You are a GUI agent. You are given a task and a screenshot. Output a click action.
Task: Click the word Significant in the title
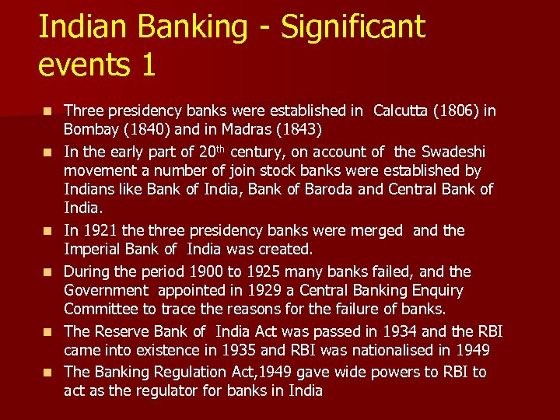point(353,26)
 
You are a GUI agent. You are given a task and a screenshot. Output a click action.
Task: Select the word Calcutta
point(405,110)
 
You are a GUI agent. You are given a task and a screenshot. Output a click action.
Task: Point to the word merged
point(376,230)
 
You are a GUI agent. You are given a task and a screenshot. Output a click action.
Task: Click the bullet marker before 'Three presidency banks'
point(49,111)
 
